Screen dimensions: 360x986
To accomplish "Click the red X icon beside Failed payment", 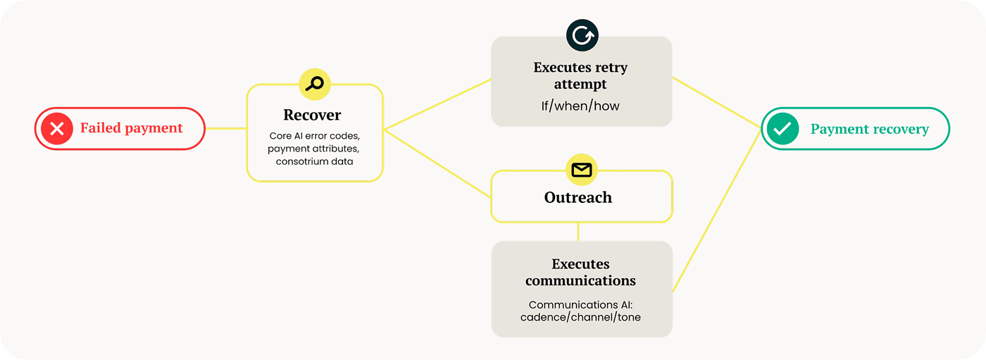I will [x=57, y=128].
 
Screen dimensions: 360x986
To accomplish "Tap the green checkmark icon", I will [x=782, y=129].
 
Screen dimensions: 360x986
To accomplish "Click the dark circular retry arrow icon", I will [x=582, y=35].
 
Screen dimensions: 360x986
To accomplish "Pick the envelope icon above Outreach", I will [x=582, y=170].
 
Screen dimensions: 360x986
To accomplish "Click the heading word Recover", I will [x=312, y=115].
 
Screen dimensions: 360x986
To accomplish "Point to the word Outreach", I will [x=578, y=197].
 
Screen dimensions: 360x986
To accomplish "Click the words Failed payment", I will [x=131, y=128].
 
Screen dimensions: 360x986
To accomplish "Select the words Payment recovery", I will [x=869, y=129].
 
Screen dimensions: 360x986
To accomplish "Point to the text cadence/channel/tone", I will [x=581, y=317].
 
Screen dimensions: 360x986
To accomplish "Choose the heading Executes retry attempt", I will [x=580, y=76].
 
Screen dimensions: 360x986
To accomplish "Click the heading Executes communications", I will [x=580, y=273].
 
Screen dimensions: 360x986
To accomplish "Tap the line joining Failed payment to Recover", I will [x=225, y=128].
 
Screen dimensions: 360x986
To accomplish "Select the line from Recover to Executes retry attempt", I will [x=437, y=104].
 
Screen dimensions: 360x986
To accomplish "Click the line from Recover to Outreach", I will [x=437, y=162].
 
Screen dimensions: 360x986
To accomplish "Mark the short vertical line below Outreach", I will [x=578, y=232].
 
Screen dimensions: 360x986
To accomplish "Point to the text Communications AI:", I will [x=581, y=304].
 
